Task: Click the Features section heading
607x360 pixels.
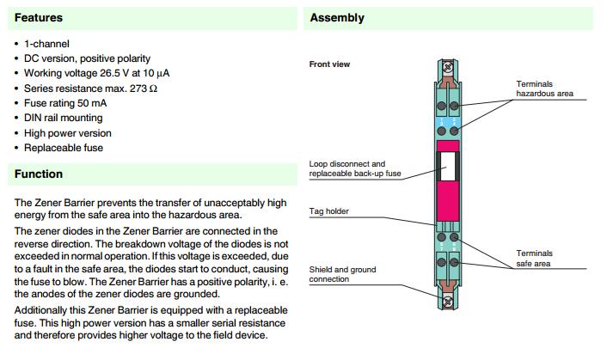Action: tap(39, 18)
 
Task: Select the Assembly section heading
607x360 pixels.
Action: tap(337, 18)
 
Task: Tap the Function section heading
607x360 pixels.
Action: tap(39, 174)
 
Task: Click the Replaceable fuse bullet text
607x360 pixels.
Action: tap(64, 148)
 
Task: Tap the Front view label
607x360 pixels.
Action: tap(329, 64)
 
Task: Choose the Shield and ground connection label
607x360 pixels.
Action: tap(341, 274)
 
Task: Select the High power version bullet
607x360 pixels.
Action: tap(68, 133)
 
